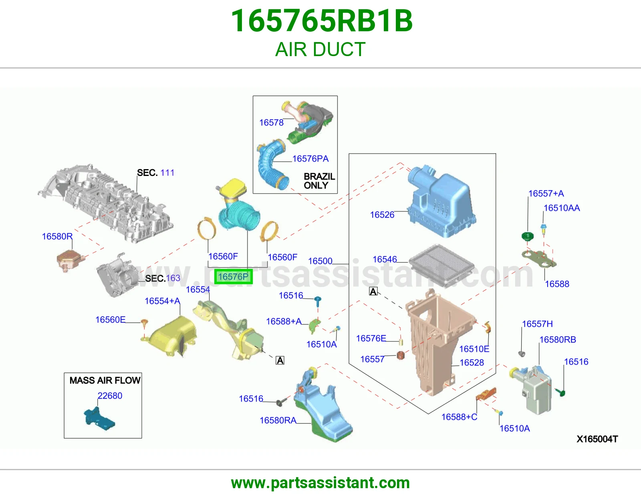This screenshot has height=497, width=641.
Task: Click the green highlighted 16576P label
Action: click(233, 277)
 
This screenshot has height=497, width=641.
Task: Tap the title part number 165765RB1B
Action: click(322, 21)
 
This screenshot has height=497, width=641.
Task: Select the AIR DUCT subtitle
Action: click(320, 49)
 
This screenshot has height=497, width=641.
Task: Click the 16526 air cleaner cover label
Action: click(382, 214)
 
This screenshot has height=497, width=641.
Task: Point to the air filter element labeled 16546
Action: click(441, 265)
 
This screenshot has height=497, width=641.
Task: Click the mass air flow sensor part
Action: click(99, 418)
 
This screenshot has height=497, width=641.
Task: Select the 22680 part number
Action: click(110, 396)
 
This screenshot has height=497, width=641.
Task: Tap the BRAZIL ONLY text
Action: click(319, 181)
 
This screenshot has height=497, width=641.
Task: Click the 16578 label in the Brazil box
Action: click(271, 123)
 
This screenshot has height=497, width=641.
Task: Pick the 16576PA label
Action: click(310, 158)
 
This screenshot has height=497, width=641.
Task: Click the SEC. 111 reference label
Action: click(155, 172)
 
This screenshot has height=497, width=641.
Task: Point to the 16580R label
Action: click(57, 236)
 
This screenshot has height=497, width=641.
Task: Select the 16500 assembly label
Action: click(320, 261)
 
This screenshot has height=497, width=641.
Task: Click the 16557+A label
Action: click(546, 193)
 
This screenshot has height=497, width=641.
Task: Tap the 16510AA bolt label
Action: click(562, 208)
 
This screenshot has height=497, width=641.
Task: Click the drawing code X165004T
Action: click(597, 439)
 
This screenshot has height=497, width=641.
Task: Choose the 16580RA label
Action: click(278, 420)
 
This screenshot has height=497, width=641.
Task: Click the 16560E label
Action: click(110, 319)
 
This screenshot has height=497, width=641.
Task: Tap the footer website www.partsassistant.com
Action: click(320, 483)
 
